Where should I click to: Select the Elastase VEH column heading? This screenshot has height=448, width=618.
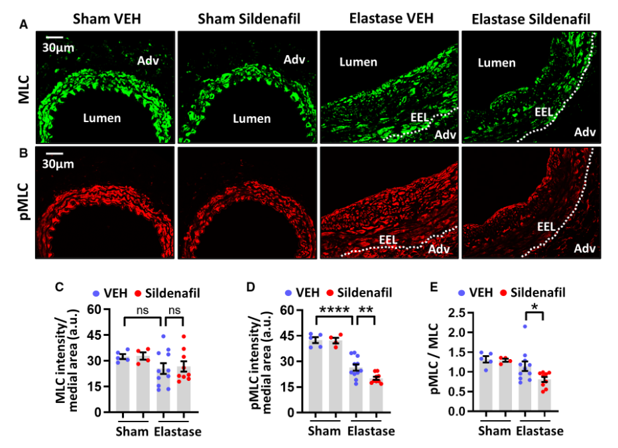391,19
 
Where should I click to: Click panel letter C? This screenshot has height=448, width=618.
59,287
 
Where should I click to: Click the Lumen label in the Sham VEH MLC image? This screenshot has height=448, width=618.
101,118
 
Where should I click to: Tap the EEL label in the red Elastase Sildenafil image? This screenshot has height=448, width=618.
546,226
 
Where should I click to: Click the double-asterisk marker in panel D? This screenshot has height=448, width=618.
365,310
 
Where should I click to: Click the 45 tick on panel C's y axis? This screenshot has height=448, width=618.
101,335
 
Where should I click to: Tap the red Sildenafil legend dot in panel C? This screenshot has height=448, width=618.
139,293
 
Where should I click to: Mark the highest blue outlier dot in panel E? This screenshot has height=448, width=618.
525,327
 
